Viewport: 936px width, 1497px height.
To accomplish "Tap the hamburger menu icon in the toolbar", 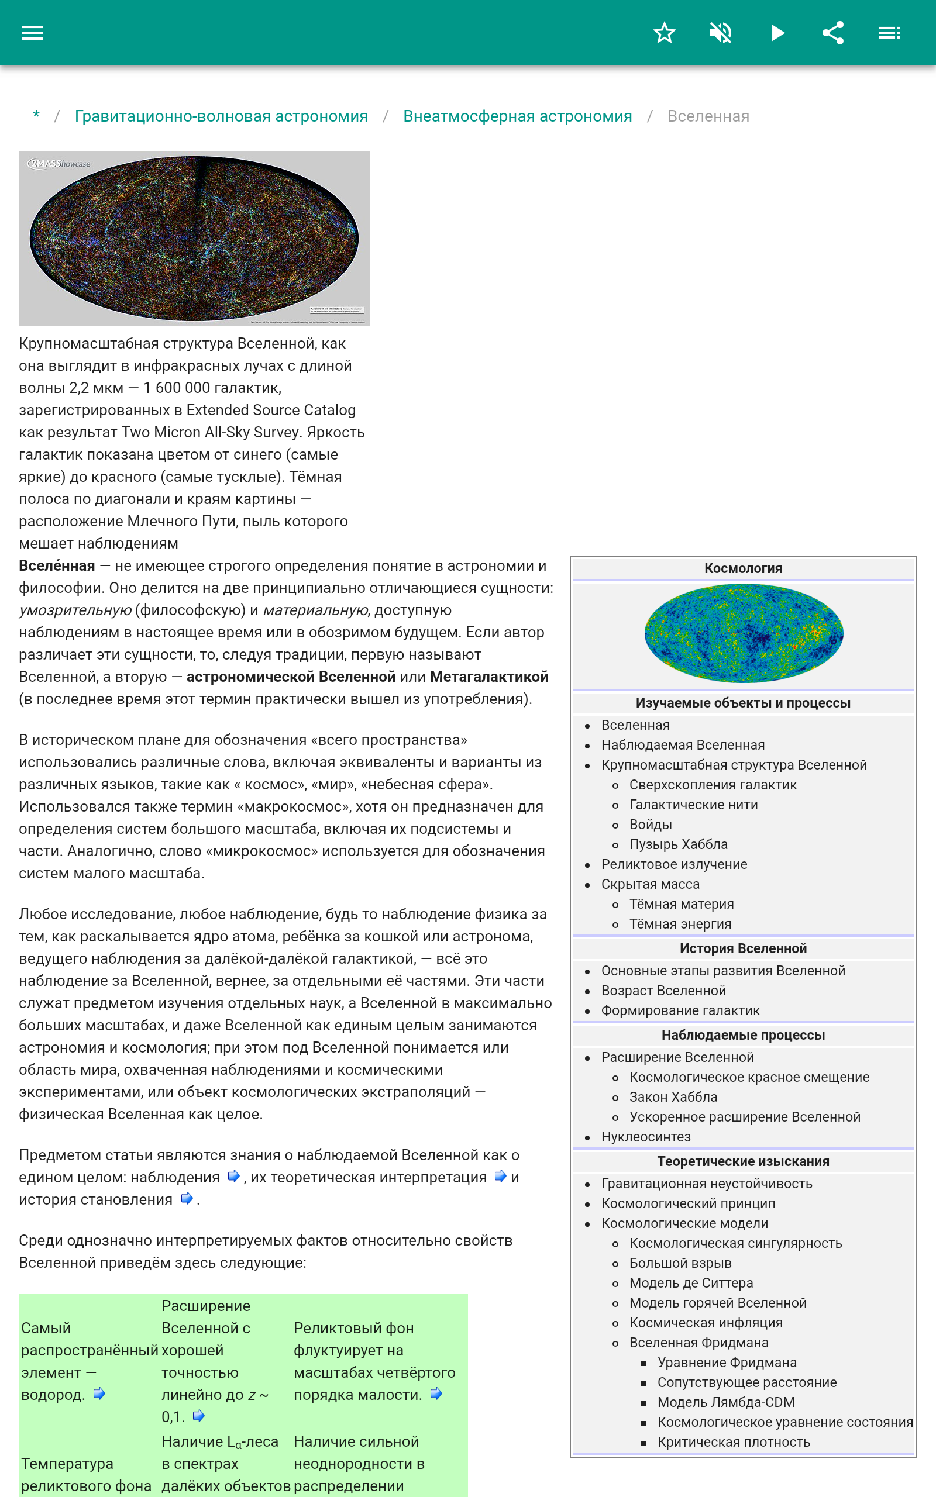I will tap(33, 33).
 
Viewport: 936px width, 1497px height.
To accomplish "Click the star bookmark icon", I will tap(664, 33).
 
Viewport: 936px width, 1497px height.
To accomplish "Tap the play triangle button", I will tap(777, 33).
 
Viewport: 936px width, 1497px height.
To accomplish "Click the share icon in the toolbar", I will tap(833, 33).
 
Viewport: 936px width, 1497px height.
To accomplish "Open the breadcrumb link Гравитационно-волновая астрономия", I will tap(221, 116).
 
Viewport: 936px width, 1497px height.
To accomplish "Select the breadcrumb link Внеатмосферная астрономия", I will tap(518, 116).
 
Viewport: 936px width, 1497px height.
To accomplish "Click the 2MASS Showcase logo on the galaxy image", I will tap(60, 164).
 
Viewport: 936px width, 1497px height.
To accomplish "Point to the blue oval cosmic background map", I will tap(744, 633).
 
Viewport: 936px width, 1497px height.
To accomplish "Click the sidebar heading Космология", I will tap(743, 568).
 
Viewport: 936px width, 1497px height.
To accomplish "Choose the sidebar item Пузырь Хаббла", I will tap(679, 844).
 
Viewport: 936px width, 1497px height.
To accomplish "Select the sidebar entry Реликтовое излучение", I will tap(674, 864).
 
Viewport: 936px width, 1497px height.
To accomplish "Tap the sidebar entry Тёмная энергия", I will tap(680, 923).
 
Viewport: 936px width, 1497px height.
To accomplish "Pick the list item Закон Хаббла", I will tap(673, 1097).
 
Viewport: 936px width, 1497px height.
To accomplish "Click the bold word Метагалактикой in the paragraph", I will tap(489, 677).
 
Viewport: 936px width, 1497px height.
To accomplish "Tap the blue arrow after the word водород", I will tap(99, 1393).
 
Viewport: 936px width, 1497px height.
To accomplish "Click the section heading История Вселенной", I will tap(743, 948).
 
